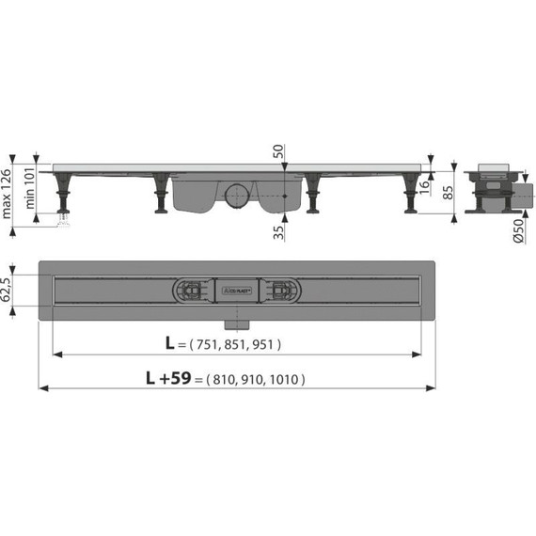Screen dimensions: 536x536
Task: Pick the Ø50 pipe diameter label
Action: [520, 231]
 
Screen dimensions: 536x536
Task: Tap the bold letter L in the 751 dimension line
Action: [170, 344]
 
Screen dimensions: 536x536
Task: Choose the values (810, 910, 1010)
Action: [254, 381]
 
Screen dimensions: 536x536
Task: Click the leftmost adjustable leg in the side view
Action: [66, 197]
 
